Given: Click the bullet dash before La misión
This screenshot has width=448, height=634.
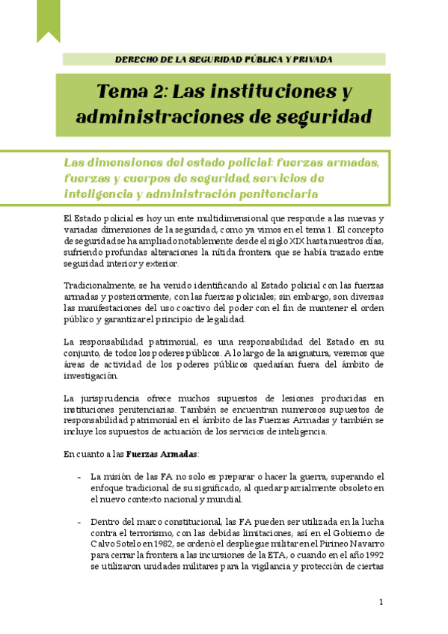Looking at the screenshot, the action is [x=80, y=477].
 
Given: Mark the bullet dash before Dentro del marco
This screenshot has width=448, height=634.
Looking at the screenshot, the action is [x=80, y=521].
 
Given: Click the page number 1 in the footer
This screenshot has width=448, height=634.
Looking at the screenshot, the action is [x=381, y=602].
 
